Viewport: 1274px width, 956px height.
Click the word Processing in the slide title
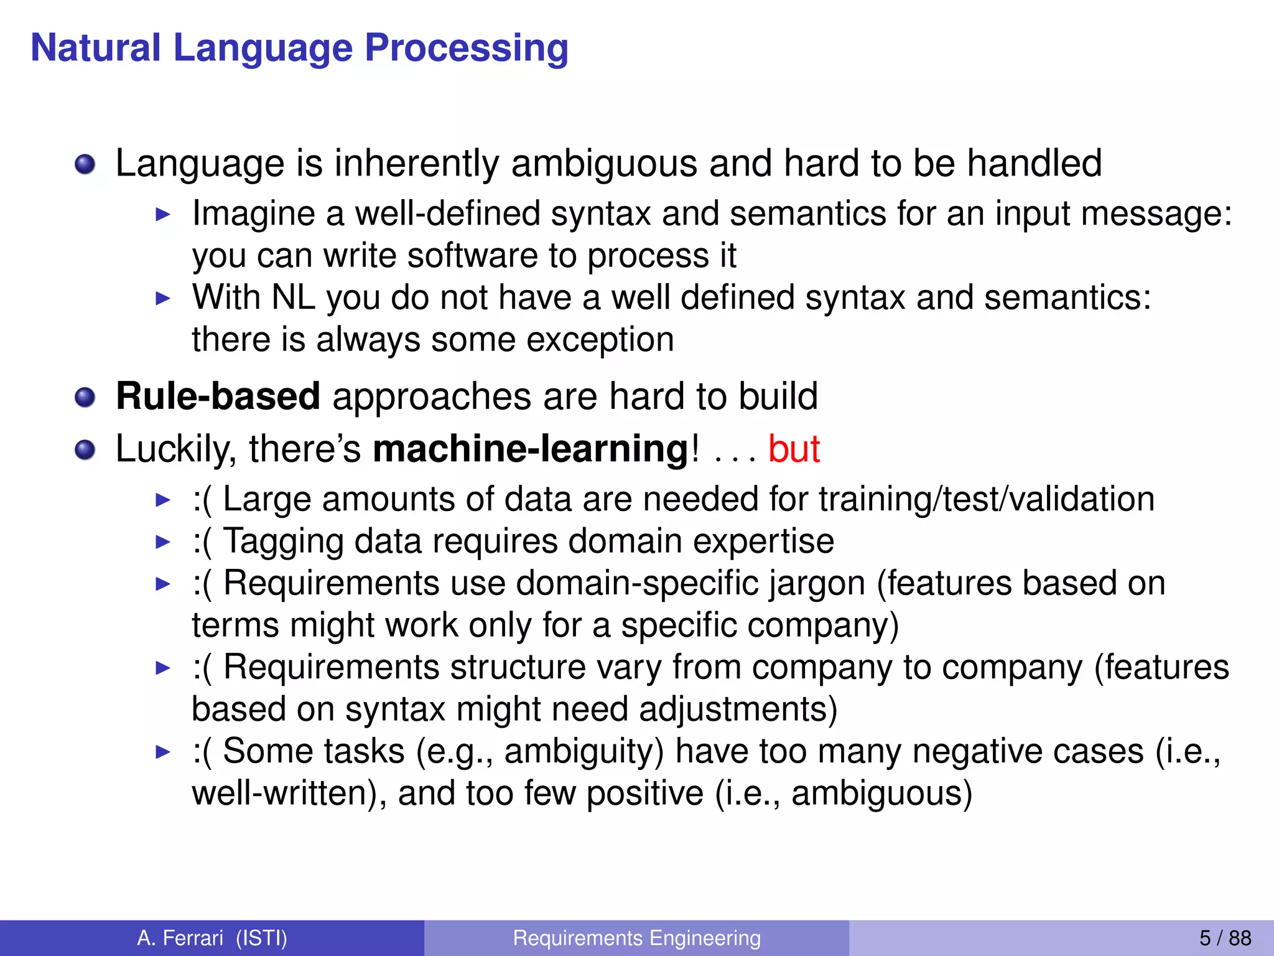(x=466, y=49)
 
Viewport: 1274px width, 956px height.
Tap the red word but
(x=794, y=449)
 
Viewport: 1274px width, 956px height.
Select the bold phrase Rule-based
(x=218, y=396)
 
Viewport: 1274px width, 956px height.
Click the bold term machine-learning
(x=531, y=449)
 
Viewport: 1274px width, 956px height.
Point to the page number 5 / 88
(x=1225, y=937)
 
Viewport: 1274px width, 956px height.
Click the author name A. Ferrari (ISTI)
(x=212, y=937)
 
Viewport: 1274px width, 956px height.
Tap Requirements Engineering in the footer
(x=636, y=937)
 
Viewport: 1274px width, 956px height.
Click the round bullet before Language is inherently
(x=85, y=165)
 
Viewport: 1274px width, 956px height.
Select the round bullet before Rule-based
(x=85, y=397)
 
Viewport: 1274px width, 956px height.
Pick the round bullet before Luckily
(x=85, y=449)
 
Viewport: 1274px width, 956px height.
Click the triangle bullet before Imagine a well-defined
(x=162, y=215)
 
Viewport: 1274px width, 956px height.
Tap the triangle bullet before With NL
(x=162, y=299)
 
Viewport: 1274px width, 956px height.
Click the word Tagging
(x=283, y=541)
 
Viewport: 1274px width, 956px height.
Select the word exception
(x=600, y=340)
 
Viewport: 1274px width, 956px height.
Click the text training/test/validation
(x=986, y=499)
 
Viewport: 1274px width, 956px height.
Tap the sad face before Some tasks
(x=202, y=752)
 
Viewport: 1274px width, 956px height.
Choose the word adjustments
(x=738, y=710)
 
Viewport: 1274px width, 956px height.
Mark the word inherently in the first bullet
(x=417, y=164)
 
